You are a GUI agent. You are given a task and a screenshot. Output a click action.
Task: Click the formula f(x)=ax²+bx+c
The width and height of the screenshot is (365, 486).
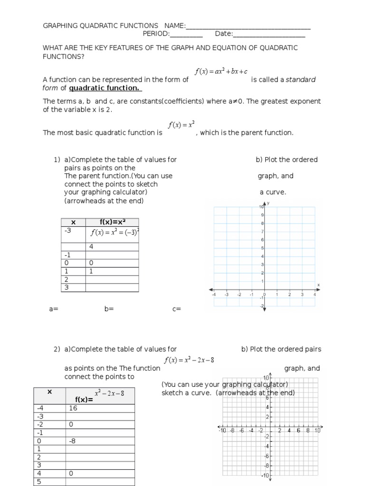pyautogui.click(x=221, y=72)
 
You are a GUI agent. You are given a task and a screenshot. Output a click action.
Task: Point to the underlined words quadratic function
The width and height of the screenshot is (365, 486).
pyautogui.click(x=105, y=88)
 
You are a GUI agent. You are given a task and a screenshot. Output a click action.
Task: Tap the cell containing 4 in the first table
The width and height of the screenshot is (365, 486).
pyautogui.click(x=91, y=246)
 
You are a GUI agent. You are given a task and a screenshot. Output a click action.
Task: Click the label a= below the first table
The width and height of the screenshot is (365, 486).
pyautogui.click(x=53, y=309)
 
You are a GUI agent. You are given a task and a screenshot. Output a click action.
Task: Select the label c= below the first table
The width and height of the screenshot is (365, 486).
pyautogui.click(x=177, y=309)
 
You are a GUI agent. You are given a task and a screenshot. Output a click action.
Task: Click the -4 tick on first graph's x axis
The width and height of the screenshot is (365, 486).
pyautogui.click(x=214, y=294)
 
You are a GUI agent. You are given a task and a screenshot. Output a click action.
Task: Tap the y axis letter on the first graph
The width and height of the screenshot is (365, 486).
pyautogui.click(x=269, y=203)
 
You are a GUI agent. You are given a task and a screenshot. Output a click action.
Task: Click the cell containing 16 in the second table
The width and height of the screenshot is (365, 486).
pyautogui.click(x=72, y=407)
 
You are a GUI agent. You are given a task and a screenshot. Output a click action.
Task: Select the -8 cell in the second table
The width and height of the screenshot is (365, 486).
pyautogui.click(x=72, y=441)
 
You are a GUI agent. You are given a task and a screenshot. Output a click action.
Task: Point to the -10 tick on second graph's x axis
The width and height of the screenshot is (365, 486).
pyautogui.click(x=222, y=430)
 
